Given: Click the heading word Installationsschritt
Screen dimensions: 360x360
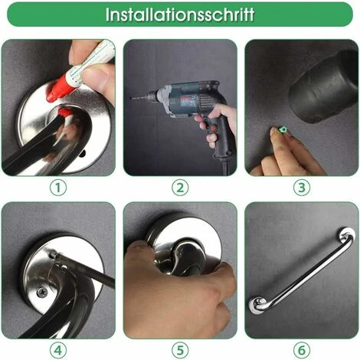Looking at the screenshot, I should point(180,15).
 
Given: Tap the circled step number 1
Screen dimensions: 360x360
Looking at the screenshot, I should point(58,186).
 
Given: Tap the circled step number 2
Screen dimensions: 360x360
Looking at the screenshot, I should point(180,186).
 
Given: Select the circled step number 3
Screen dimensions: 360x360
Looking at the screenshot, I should point(302,186).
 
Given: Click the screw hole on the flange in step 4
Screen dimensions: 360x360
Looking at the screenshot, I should point(41,292).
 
